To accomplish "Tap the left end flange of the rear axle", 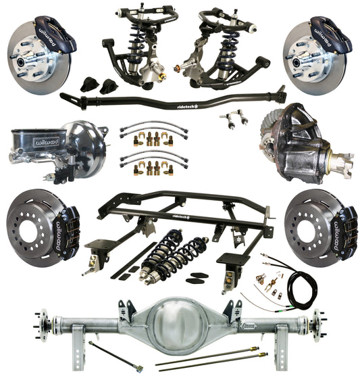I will tap(40, 318).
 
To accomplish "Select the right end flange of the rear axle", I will tap(317, 317).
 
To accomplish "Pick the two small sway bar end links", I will tap(232, 118).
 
